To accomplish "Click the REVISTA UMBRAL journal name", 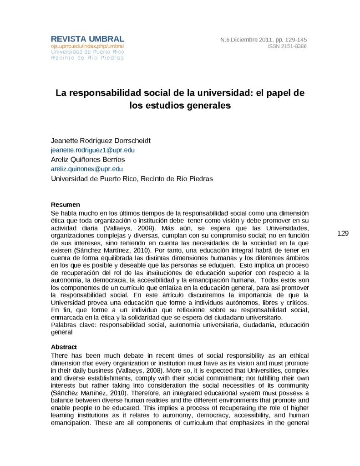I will point(87,39).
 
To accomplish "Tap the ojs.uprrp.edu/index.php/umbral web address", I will point(87,46).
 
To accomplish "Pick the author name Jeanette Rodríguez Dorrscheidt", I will point(101,140).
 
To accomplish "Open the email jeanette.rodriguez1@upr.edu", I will point(93,150).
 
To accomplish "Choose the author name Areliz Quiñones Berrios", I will point(88,159).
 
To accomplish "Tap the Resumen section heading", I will point(66,205).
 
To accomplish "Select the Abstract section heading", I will point(64,347).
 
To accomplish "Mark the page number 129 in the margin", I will point(343,233).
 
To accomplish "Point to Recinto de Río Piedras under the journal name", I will point(87,58).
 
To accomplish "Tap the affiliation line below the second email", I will point(132,178).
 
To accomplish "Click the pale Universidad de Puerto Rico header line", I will point(87,52).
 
